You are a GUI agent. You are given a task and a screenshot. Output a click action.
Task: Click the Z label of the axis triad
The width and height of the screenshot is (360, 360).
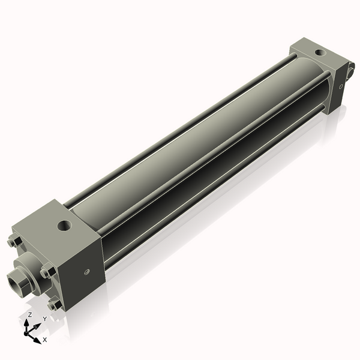click(x=30, y=314)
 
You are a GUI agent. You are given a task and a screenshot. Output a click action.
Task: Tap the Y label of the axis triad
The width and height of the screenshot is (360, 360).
click(x=44, y=319)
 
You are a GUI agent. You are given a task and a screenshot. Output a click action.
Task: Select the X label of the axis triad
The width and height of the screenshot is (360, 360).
click(x=44, y=340)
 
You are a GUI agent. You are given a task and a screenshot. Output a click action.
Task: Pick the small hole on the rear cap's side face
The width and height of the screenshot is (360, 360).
click(x=341, y=86)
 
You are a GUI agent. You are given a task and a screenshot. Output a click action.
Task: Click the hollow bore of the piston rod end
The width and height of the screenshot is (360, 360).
click(x=14, y=280)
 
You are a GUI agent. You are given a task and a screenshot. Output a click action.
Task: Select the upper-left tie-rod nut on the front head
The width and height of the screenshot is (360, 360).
click(x=15, y=243)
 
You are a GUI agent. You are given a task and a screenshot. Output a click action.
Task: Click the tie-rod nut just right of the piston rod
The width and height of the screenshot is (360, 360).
click(x=46, y=273)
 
